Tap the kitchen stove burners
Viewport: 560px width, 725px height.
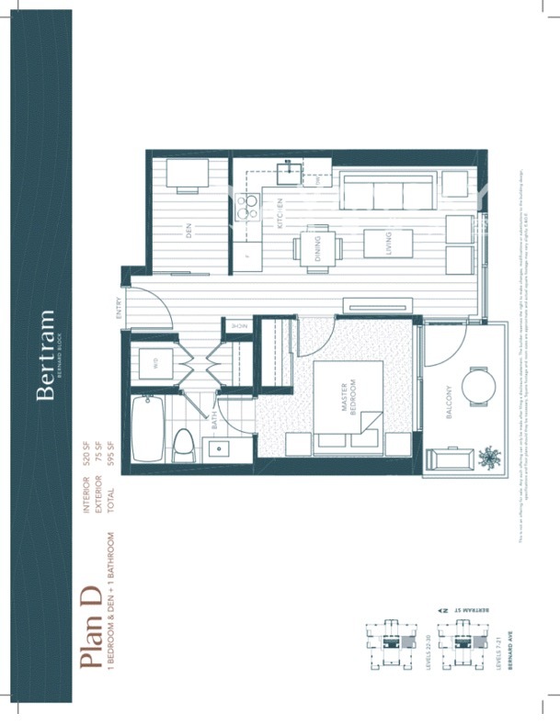246,208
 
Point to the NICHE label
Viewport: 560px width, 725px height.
237,326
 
